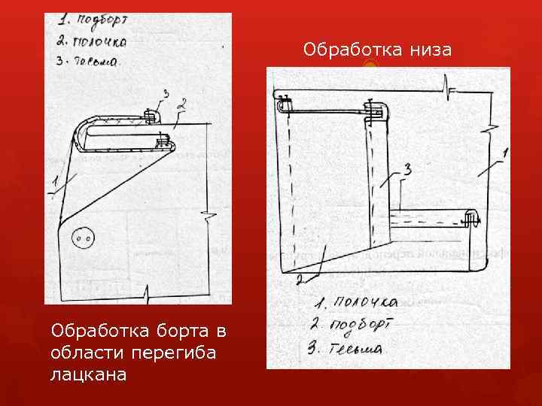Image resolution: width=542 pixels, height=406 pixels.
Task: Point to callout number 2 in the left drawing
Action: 181,105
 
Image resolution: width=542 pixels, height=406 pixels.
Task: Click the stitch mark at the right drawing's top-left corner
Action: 285,101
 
